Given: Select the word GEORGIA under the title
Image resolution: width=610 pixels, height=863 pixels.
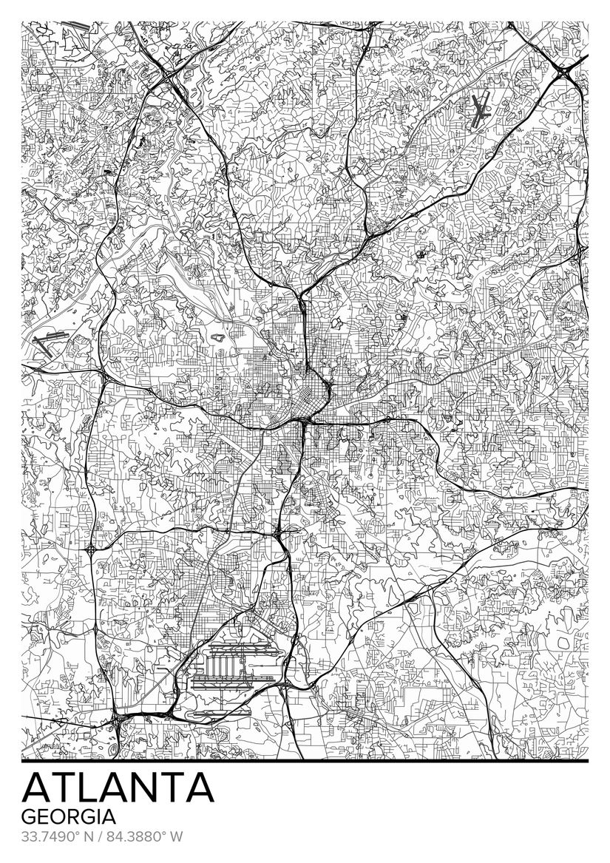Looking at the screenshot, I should coord(69,817).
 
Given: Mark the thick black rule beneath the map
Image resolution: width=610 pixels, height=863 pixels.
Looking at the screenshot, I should coord(305,760).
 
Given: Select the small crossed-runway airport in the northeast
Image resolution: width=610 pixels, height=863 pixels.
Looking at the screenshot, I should coord(481,111).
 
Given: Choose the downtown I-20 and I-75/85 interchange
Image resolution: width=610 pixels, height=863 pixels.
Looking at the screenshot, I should coord(302,422).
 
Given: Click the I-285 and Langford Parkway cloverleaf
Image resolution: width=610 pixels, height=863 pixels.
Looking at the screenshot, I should coord(90,550).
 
